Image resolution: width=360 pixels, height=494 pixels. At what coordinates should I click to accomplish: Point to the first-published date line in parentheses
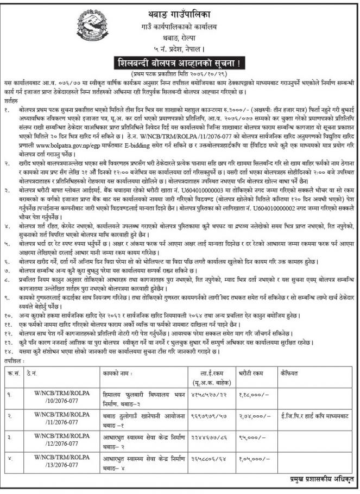click(180, 73)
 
